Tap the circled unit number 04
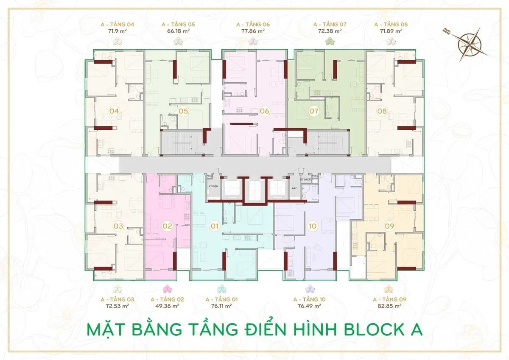click(114, 112)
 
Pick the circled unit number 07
click(314, 112)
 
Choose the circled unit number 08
click(382, 112)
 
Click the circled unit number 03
click(118, 226)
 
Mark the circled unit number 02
click(168, 226)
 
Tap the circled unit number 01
click(214, 226)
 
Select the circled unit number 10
click(313, 226)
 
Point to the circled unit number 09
click(389, 226)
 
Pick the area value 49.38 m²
click(168, 305)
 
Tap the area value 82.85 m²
click(389, 305)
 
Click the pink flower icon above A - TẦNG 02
click(168, 289)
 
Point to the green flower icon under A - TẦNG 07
click(330, 41)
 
